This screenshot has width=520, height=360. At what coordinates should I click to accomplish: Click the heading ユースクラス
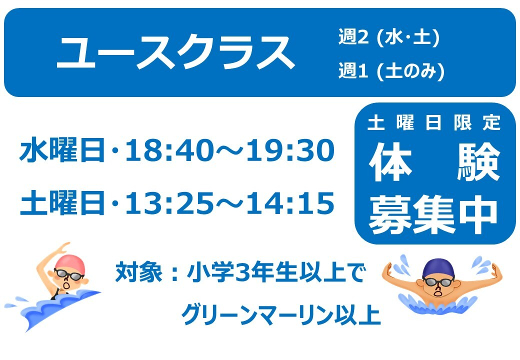pos(176,52)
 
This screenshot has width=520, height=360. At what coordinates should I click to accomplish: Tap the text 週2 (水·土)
pos(389,36)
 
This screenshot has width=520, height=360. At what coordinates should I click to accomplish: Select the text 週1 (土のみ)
pos(391,70)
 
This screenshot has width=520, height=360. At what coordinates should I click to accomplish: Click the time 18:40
pos(169,150)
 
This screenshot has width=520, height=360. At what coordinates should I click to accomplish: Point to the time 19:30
pos(290,150)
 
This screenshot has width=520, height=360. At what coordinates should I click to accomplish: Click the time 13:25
pos(169,203)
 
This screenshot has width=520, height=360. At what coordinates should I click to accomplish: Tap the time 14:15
pos(290,203)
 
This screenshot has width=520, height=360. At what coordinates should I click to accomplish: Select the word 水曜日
pos(62,150)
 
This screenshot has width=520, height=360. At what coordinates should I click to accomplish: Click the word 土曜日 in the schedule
pos(62,202)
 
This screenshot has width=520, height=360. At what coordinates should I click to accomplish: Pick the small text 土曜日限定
pos(434,122)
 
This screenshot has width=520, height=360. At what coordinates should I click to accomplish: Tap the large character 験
pos(478,162)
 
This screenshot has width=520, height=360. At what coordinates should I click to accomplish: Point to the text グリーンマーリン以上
pos(280,315)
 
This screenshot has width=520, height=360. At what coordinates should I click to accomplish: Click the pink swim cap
pos(70,263)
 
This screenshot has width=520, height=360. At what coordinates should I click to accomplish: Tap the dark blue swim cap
pos(438,268)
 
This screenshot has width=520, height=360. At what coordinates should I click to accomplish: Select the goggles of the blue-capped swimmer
pos(438,282)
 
